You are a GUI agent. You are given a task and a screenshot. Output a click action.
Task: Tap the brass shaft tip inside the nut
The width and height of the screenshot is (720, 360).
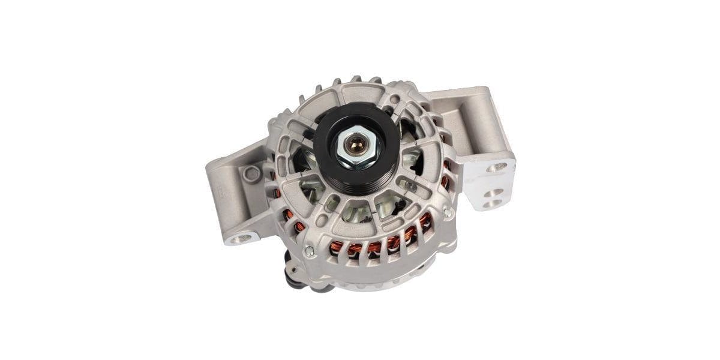point(355,144)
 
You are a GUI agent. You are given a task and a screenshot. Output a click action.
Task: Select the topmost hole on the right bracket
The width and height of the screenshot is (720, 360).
point(496,167)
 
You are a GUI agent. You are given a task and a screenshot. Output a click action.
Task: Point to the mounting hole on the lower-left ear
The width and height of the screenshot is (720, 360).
point(242,239)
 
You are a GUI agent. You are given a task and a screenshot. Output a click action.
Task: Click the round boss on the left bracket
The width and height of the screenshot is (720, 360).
point(253,174)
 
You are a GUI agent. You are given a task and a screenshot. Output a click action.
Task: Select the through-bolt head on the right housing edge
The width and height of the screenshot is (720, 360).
point(448,212)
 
